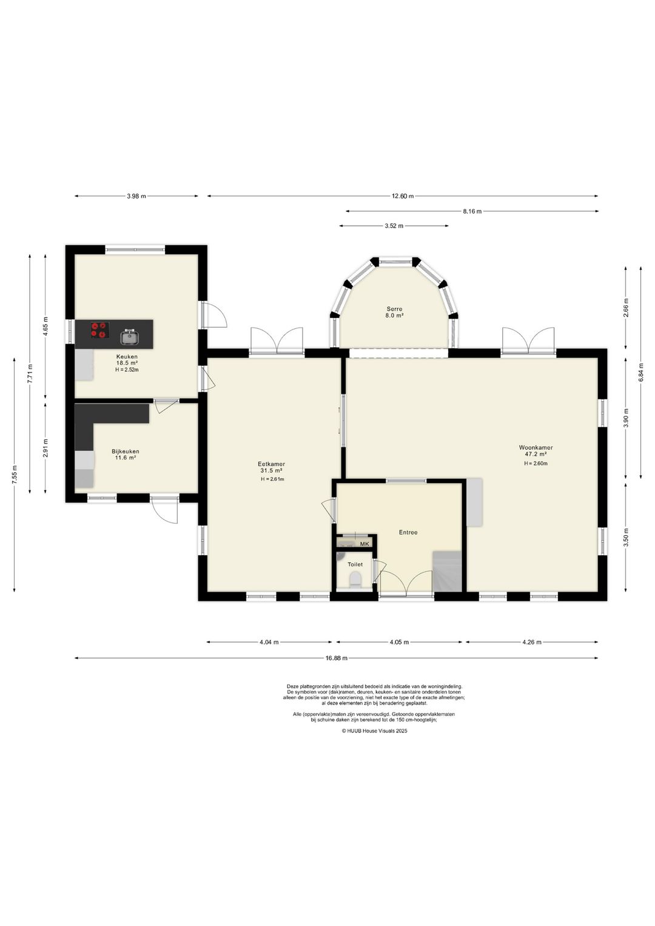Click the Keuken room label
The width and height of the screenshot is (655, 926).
[127, 356]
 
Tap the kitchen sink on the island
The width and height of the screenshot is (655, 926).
[130, 337]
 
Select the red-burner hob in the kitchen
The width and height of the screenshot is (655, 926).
[100, 330]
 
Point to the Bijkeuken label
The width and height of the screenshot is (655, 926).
[125, 451]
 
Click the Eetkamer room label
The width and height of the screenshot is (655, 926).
[271, 464]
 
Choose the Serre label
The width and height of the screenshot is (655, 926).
[394, 309]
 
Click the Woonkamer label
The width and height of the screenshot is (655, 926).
[536, 447]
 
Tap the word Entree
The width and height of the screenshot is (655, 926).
[408, 532]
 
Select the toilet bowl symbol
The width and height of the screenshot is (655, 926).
[355, 579]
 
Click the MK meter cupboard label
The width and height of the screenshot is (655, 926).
[364, 544]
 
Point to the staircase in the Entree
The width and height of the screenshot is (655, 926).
[447, 571]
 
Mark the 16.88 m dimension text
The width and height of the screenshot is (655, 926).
[336, 658]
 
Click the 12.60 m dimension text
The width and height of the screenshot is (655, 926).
[402, 197]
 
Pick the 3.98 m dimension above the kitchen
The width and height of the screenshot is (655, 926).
[136, 197]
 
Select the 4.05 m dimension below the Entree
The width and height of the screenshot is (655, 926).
[399, 642]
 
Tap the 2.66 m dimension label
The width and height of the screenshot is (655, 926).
[626, 308]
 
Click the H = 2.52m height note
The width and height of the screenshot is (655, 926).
[127, 370]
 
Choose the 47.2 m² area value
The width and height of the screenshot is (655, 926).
[536, 453]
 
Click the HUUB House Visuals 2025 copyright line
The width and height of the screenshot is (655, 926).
[374, 731]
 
